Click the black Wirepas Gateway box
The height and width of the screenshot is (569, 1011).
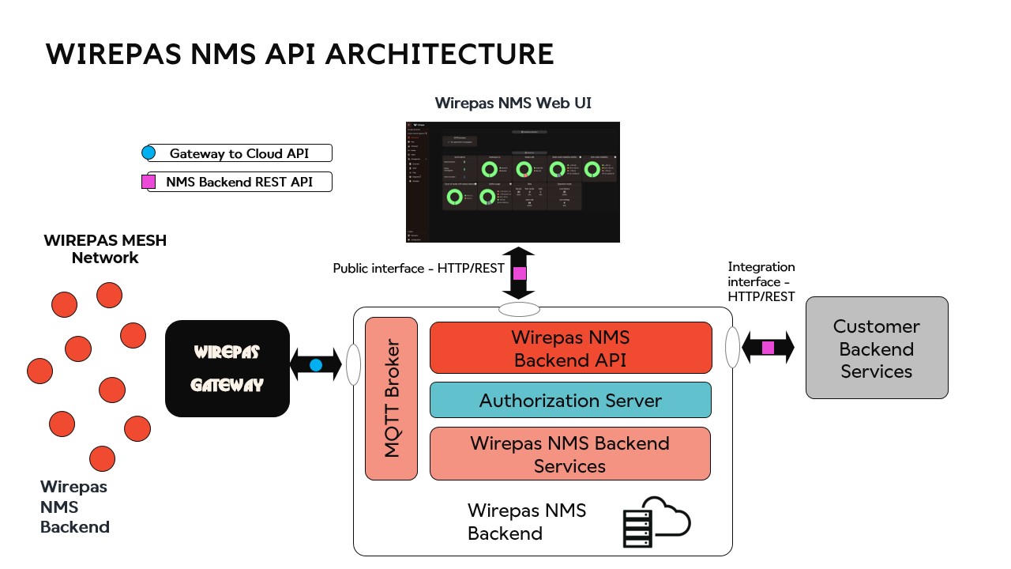click(x=227, y=368)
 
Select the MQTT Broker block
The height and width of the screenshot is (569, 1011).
click(x=391, y=398)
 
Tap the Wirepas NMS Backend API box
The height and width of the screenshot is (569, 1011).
click(x=570, y=348)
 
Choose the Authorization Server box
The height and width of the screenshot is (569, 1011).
click(x=570, y=400)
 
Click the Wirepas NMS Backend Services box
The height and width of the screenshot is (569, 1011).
click(x=570, y=454)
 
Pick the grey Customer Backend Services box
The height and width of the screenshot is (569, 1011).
click(x=877, y=348)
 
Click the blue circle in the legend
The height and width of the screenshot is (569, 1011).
click(x=148, y=153)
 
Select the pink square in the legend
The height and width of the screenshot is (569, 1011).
click(x=148, y=182)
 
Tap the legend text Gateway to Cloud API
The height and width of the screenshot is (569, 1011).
click(x=239, y=153)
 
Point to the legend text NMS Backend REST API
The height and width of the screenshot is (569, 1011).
click(x=239, y=182)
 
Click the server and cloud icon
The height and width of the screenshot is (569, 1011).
click(x=656, y=522)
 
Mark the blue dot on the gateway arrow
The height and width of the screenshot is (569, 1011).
click(x=316, y=365)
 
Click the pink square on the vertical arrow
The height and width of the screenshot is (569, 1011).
click(x=519, y=273)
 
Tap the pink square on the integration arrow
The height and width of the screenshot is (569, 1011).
click(x=768, y=348)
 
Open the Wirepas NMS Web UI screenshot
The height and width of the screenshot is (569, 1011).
click(x=513, y=182)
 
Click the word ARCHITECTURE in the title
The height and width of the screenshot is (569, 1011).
click(x=440, y=54)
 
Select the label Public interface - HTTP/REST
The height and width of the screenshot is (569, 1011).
click(x=419, y=269)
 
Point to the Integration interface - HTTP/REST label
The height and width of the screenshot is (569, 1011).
click(x=761, y=282)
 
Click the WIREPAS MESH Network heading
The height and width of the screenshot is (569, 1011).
click(x=105, y=249)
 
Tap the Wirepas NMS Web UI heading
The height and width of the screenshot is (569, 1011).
click(x=513, y=104)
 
